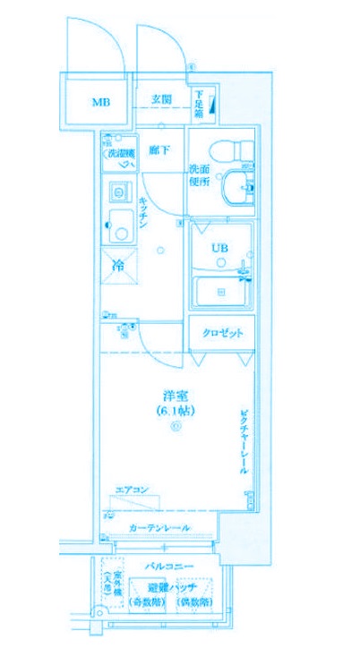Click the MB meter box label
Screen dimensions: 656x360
(99, 101)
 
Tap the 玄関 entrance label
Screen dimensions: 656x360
(162, 98)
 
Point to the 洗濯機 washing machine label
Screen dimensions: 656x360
(121, 154)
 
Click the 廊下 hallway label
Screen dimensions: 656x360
(160, 150)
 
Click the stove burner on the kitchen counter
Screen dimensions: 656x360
(116, 190)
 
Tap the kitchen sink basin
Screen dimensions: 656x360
(118, 231)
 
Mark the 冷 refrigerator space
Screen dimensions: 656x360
(118, 265)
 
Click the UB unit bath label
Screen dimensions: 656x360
(219, 248)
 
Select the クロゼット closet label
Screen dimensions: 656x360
(220, 333)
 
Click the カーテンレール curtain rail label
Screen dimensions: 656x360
(159, 527)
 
